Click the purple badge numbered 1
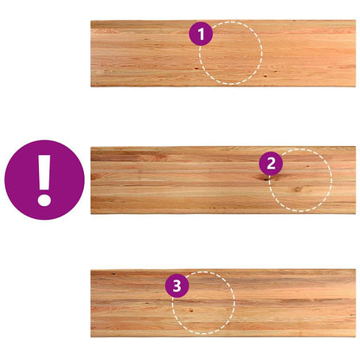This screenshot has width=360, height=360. click(x=201, y=34)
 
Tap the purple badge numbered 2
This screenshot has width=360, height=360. click(x=271, y=164)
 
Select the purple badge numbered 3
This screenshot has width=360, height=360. click(x=177, y=286)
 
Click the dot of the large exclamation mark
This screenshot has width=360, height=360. click(x=44, y=200)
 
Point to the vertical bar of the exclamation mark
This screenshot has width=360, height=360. click(x=44, y=173)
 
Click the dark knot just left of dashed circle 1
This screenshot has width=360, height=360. click(x=196, y=68)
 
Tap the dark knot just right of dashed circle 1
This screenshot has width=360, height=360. click(x=265, y=76)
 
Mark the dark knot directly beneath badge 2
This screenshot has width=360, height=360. click(x=265, y=178)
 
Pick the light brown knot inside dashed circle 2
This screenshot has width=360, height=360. click(x=298, y=190)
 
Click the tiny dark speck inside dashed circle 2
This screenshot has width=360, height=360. click(x=308, y=166)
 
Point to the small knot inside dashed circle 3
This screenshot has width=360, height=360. click(x=190, y=311)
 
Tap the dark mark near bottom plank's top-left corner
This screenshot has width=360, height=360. click(x=114, y=273)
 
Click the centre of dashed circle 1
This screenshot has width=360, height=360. click(x=231, y=53)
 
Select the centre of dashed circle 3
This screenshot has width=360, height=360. click(x=203, y=303)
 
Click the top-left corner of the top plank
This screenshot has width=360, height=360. click(x=91, y=21)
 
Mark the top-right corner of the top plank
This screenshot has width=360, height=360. click(x=356, y=21)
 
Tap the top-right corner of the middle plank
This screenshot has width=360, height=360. click(x=356, y=147)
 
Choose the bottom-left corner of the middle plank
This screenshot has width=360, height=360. click(x=91, y=214)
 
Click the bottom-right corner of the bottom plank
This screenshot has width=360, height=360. click(x=356, y=337)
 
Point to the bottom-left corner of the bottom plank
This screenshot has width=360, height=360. click(x=91, y=337)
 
